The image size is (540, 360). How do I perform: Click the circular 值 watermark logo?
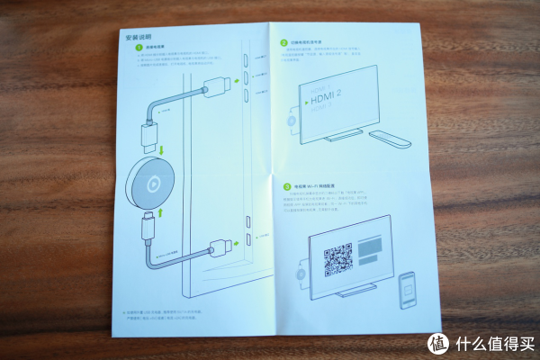[438, 343]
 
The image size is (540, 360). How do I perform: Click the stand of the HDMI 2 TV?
[341, 136]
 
